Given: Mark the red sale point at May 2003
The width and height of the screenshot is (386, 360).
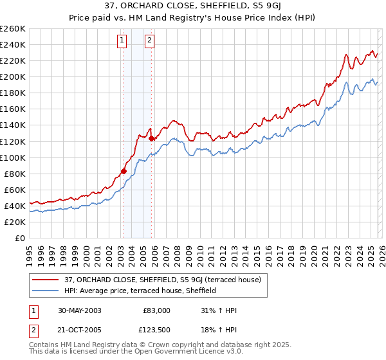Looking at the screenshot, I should (x=124, y=171).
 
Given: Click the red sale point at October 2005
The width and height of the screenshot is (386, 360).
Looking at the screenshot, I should (x=151, y=138).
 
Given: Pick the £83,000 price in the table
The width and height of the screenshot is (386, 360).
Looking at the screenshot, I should (x=156, y=310).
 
